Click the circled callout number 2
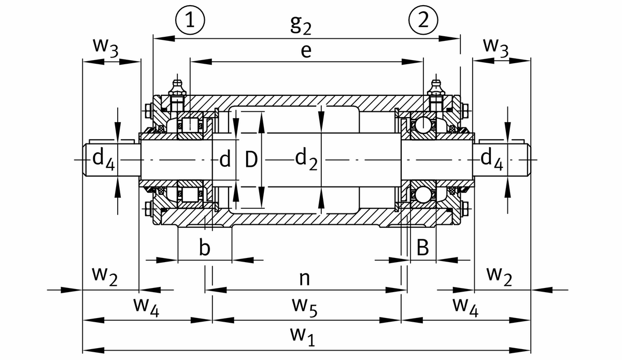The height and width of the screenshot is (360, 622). [x=423, y=20]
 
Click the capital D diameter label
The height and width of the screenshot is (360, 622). [x=251, y=160]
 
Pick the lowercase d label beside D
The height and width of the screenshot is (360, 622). [x=225, y=160]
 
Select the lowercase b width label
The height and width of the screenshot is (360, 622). [x=205, y=248]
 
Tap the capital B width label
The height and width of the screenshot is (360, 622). [x=423, y=248]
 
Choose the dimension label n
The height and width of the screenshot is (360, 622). [x=305, y=279]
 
